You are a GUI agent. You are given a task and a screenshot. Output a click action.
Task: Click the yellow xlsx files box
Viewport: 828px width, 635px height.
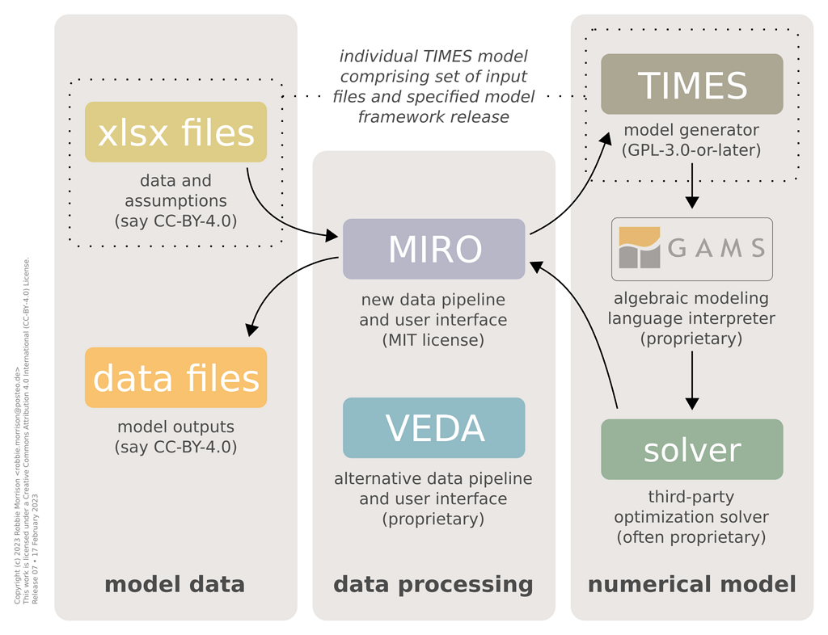click(x=175, y=132)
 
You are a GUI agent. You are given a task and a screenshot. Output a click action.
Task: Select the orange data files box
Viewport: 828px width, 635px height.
click(x=175, y=377)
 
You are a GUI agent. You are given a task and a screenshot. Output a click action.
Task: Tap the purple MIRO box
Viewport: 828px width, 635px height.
click(x=433, y=249)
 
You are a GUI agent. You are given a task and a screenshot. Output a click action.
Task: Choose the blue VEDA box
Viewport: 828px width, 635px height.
click(x=433, y=427)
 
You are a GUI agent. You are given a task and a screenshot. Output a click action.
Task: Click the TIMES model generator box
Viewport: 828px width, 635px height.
click(x=691, y=84)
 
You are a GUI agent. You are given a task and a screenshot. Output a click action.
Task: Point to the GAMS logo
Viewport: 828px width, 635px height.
click(x=691, y=248)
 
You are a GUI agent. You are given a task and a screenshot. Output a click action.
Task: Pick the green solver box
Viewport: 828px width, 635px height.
click(x=691, y=449)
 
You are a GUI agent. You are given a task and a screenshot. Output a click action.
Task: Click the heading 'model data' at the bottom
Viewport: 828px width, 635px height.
click(x=175, y=584)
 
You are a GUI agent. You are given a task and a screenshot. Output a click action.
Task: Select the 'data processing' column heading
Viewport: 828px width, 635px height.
click(x=433, y=584)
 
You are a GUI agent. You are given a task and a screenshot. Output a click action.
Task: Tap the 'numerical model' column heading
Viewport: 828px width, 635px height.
click(x=691, y=584)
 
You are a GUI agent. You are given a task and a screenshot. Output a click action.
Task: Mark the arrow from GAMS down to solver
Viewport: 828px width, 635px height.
click(x=691, y=380)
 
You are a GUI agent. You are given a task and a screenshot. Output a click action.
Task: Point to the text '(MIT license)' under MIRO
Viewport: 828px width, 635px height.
click(x=433, y=340)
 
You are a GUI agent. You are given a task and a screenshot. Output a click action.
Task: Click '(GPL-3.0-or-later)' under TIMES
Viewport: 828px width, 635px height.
click(x=691, y=149)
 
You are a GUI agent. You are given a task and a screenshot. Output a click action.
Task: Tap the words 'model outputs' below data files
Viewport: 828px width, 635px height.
click(x=175, y=427)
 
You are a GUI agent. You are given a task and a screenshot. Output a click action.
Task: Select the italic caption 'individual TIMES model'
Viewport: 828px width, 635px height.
click(x=433, y=57)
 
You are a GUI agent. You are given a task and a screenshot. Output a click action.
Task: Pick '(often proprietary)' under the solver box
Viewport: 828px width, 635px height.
click(x=691, y=536)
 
